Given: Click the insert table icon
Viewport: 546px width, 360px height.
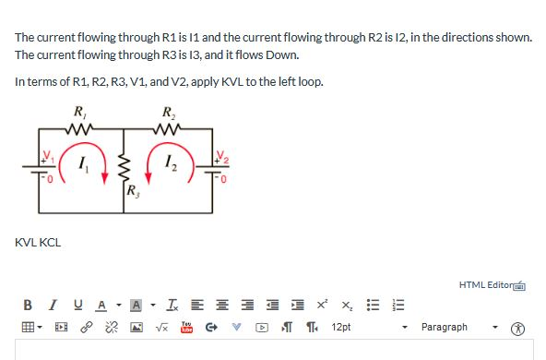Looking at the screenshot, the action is click(30, 327).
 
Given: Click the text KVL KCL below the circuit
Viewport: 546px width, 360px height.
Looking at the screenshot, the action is click(37, 244).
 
